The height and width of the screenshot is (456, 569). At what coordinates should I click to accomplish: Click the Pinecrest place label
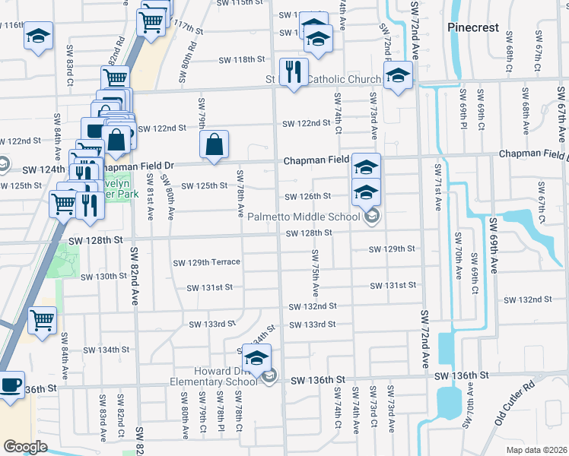(x=473, y=27)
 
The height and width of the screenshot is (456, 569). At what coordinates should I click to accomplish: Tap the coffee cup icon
(x=10, y=385)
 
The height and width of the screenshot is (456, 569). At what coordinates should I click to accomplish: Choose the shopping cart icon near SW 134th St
(x=43, y=319)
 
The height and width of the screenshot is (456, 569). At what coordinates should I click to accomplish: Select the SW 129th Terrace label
(x=206, y=262)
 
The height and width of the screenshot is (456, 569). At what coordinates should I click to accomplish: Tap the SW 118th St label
(x=241, y=60)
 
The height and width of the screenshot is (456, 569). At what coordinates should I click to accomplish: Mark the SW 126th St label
(x=307, y=197)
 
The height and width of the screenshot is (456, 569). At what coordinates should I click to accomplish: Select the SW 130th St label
(x=103, y=276)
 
